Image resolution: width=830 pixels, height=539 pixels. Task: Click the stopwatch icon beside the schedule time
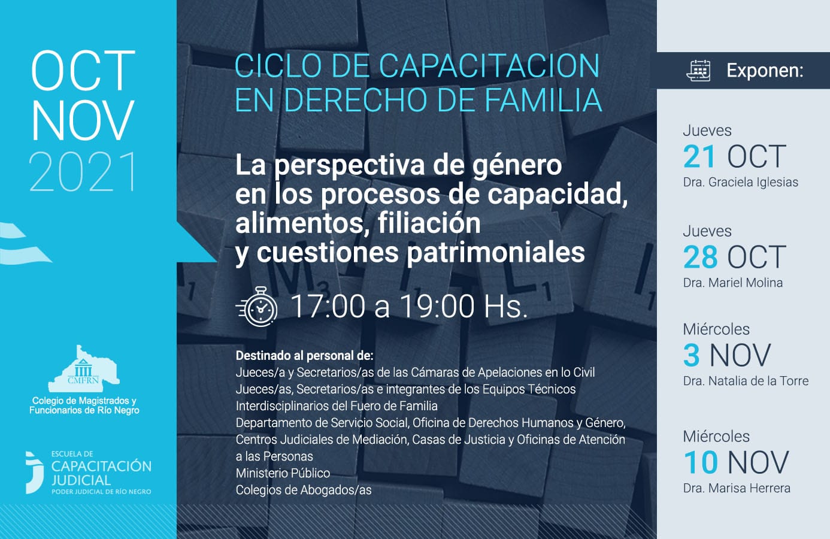[257, 307]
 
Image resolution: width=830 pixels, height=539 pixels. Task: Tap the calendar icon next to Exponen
[698, 71]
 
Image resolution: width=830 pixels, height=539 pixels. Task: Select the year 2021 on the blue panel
[82, 171]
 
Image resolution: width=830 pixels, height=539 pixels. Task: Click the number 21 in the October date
[699, 156]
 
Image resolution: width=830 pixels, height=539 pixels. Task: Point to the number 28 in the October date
[700, 257]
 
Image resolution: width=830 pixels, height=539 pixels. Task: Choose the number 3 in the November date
[692, 355]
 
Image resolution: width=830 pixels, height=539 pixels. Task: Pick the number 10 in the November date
[701, 462]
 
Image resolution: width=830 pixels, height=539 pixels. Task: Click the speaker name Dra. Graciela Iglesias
[740, 182]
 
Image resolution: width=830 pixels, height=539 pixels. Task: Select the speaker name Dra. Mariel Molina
[733, 283]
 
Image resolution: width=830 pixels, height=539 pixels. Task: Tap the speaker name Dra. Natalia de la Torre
[746, 381]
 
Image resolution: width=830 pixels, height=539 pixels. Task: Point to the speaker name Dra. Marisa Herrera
[737, 488]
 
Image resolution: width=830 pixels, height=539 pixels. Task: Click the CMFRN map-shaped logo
[84, 369]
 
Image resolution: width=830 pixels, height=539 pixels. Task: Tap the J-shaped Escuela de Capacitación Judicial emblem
[35, 473]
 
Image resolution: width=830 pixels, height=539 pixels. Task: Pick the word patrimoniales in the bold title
[495, 253]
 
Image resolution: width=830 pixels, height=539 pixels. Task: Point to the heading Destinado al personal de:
[305, 356]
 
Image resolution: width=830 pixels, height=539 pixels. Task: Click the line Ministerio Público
[283, 473]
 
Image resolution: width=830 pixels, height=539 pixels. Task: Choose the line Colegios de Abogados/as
[304, 490]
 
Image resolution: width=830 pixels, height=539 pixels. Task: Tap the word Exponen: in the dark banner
[765, 71]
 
